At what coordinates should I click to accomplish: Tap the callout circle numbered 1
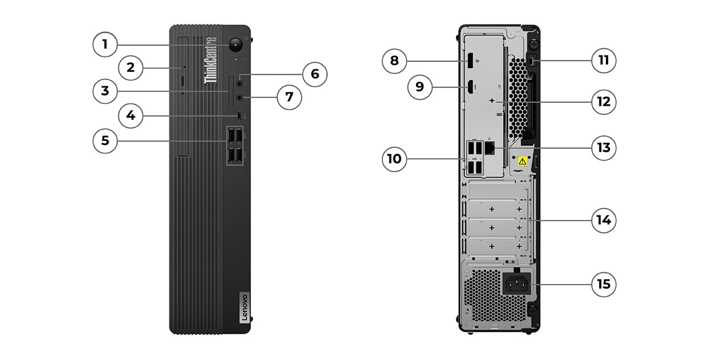(105, 44)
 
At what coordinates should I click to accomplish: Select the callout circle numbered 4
(131, 116)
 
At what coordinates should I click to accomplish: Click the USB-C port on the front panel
(239, 116)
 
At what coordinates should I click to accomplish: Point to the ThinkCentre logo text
(211, 60)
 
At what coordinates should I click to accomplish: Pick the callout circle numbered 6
(315, 74)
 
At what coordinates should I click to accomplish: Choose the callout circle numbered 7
(289, 97)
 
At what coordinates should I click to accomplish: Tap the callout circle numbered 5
(105, 141)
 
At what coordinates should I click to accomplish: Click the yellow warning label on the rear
(521, 161)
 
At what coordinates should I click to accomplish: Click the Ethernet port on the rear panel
(490, 147)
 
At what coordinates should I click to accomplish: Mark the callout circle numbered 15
(603, 284)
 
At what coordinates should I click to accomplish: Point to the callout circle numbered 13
(603, 148)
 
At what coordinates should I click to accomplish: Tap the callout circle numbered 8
(394, 60)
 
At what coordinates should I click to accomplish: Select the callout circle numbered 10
(394, 160)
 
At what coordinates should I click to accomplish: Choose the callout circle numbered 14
(603, 220)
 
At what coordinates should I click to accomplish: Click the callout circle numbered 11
(603, 60)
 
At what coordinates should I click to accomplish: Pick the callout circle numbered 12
(603, 102)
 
